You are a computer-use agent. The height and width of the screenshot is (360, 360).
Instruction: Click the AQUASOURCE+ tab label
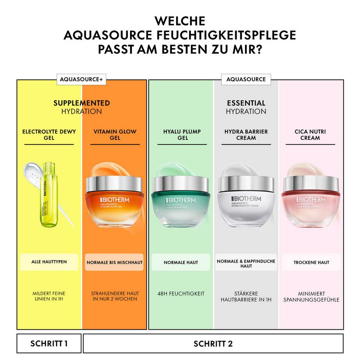[x=81, y=79]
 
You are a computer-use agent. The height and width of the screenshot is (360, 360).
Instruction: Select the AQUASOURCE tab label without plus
[x=245, y=79]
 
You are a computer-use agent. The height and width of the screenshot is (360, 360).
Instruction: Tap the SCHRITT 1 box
[x=49, y=344]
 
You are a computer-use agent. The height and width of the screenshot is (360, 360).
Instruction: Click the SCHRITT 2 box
[x=213, y=344]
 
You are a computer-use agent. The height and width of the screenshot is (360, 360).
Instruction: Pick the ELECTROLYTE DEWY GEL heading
[x=49, y=135]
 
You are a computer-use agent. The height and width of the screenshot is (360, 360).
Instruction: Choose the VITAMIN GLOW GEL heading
[x=115, y=135]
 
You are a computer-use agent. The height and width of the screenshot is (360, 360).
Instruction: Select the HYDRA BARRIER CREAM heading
[x=246, y=135]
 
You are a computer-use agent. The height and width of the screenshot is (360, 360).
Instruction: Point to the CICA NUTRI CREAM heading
[x=310, y=135]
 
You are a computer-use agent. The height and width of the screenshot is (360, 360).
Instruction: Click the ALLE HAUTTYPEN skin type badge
[x=49, y=262]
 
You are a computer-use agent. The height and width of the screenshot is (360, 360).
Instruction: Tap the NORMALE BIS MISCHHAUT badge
[x=115, y=262]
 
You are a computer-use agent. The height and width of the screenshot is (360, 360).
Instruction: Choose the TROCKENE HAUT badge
[x=311, y=262]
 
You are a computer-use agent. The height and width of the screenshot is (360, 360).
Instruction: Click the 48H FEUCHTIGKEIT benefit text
[x=181, y=293]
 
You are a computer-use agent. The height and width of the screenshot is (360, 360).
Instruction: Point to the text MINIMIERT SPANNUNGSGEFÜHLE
[x=311, y=297]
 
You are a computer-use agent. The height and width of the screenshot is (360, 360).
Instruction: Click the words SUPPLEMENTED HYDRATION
[x=81, y=107]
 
